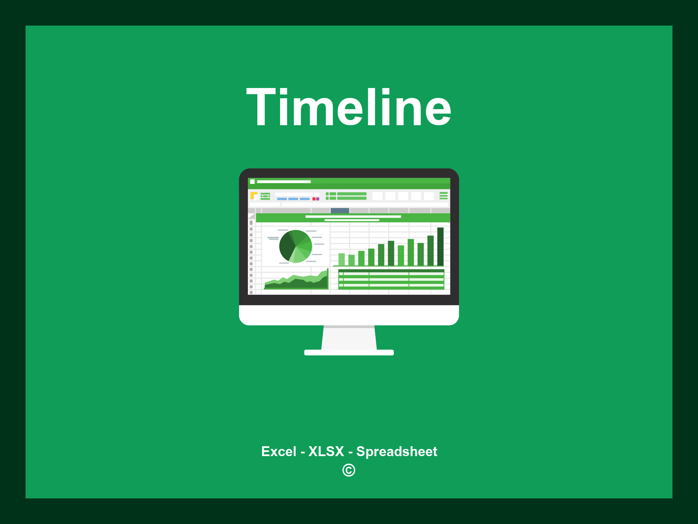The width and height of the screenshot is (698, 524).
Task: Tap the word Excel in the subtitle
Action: (278, 451)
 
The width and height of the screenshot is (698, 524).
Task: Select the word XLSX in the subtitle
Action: (326, 451)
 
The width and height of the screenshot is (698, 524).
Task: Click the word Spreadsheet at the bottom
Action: (396, 452)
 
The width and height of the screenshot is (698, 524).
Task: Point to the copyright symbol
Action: (349, 470)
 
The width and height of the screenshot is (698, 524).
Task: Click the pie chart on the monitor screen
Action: (295, 246)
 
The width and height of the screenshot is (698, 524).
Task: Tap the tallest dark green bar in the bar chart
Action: (440, 246)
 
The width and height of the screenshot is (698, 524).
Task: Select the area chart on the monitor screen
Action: (296, 281)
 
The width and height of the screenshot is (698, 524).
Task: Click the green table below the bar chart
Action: (391, 279)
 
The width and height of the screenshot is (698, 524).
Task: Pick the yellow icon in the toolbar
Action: (254, 195)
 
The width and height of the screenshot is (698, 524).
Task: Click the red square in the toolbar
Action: (314, 199)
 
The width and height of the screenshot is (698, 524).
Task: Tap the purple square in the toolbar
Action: (318, 199)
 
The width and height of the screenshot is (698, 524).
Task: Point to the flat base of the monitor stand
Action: (349, 352)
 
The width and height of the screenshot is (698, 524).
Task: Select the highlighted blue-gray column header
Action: (340, 210)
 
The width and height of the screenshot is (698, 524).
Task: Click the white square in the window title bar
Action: (253, 181)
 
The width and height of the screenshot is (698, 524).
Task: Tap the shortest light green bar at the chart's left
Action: (351, 260)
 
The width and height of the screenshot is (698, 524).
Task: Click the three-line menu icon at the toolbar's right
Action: (443, 195)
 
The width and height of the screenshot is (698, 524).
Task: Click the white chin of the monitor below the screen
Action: (349, 315)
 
